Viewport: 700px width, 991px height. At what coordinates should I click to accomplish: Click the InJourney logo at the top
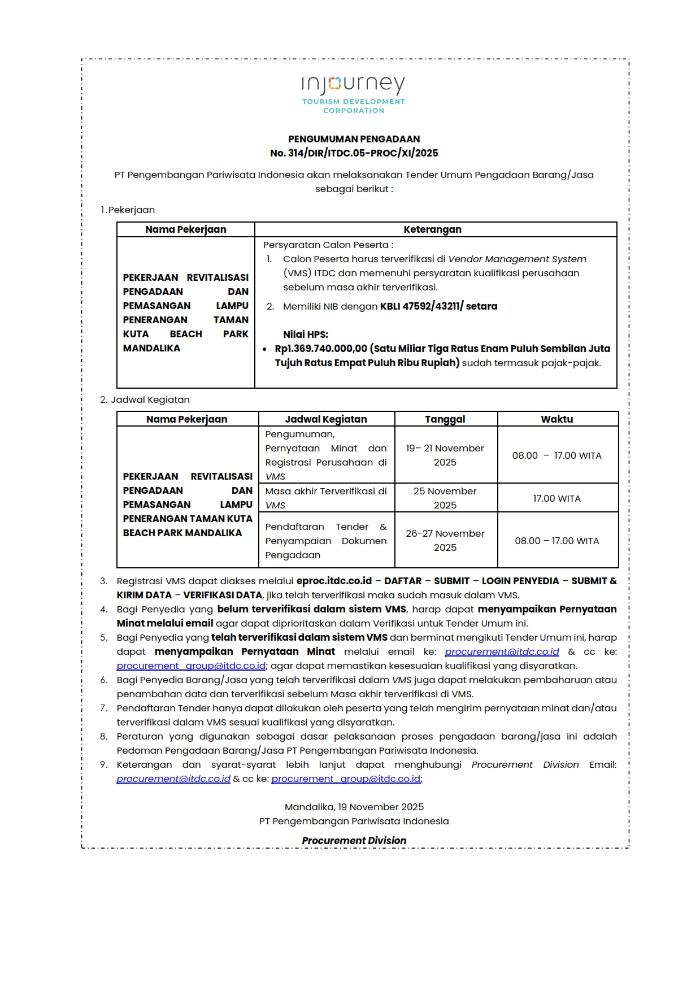pyautogui.click(x=353, y=93)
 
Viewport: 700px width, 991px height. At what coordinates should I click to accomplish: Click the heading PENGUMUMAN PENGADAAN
pyautogui.click(x=354, y=139)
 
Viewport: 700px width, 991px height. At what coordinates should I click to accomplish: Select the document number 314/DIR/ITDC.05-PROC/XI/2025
pyautogui.click(x=363, y=153)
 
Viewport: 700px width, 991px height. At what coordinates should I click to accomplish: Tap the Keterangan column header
pyautogui.click(x=432, y=229)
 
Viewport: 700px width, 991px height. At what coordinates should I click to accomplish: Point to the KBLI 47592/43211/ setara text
pyautogui.click(x=438, y=306)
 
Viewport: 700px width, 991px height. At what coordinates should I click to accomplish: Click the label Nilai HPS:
pyautogui.click(x=306, y=334)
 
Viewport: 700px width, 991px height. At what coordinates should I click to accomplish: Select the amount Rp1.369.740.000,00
pyautogui.click(x=321, y=349)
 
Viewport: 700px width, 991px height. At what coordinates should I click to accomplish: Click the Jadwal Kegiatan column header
pyautogui.click(x=326, y=419)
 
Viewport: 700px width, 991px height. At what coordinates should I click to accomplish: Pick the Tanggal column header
pyautogui.click(x=445, y=419)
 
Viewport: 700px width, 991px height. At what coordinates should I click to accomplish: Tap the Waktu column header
pyautogui.click(x=557, y=419)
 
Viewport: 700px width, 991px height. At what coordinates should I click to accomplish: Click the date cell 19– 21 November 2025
pyautogui.click(x=445, y=455)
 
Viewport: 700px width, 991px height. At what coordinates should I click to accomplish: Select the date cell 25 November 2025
pyautogui.click(x=445, y=498)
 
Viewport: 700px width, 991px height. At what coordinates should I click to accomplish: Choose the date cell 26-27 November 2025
pyautogui.click(x=445, y=541)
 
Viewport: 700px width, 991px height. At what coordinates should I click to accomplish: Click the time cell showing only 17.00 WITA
pyautogui.click(x=557, y=498)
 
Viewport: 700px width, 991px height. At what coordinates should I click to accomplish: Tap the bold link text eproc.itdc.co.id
pyautogui.click(x=334, y=581)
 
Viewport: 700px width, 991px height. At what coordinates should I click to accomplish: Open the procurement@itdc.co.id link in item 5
pyautogui.click(x=502, y=651)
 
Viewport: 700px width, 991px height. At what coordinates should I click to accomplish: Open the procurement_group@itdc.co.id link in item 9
pyautogui.click(x=346, y=779)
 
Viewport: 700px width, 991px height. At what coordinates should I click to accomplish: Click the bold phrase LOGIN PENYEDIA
pyautogui.click(x=520, y=581)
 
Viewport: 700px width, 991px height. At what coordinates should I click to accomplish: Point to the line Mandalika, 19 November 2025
pyautogui.click(x=354, y=807)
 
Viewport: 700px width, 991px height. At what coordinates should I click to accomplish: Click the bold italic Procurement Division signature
pyautogui.click(x=354, y=841)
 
